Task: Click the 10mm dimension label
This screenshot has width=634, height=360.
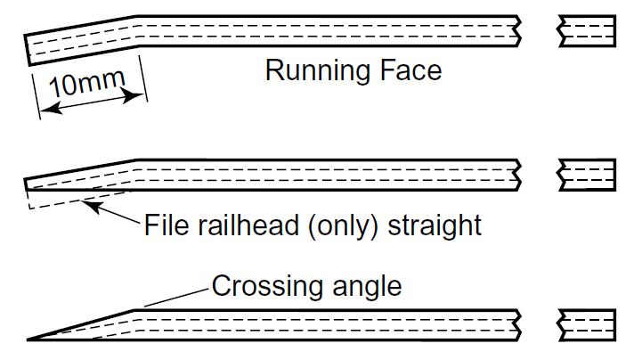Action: point(85,86)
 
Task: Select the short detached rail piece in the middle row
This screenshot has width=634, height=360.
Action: point(586,175)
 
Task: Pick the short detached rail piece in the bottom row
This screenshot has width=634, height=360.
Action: point(586,324)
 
